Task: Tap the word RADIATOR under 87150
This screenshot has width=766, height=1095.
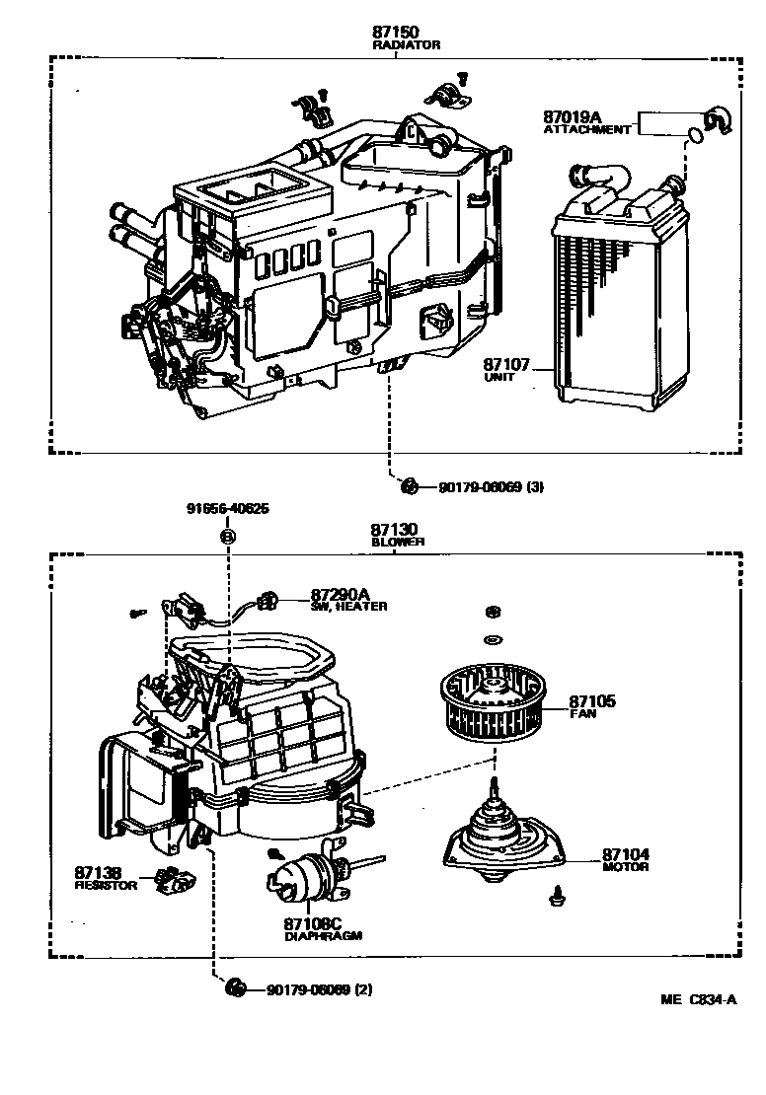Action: (x=406, y=45)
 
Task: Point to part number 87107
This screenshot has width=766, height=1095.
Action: (x=507, y=365)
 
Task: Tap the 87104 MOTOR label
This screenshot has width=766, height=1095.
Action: (x=626, y=858)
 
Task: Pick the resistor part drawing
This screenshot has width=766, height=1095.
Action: (x=176, y=879)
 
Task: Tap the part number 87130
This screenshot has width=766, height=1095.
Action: (x=395, y=531)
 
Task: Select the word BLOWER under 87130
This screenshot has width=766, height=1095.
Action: (x=398, y=542)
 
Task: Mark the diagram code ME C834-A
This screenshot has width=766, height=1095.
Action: (x=699, y=999)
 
